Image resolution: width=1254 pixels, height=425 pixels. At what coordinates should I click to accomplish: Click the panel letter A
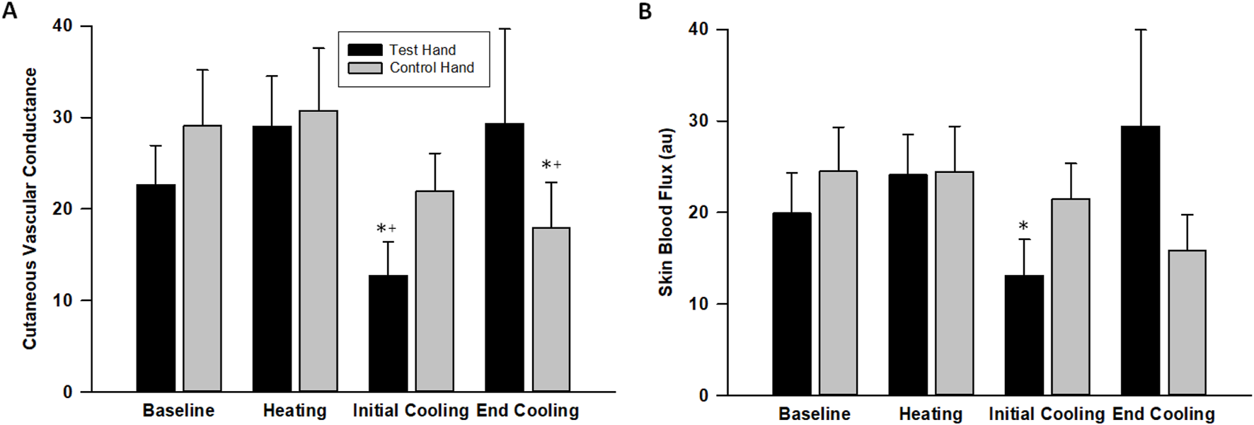9,11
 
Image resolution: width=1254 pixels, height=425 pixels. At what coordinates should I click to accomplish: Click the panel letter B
645,12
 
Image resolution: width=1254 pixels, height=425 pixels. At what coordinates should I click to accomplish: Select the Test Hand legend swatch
364,50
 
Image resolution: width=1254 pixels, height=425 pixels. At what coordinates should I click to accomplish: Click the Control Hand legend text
432,68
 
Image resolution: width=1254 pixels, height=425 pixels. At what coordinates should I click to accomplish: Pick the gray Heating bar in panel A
318,251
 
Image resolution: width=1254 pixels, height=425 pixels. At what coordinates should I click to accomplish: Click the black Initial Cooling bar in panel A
388,333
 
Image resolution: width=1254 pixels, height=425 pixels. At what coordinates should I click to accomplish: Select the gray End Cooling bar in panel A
551,310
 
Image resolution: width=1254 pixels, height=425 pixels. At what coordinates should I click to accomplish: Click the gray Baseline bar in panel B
838,283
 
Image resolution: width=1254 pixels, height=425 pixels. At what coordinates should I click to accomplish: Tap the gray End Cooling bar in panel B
1187,322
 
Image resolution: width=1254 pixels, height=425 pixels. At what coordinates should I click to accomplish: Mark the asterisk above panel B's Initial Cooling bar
1023,227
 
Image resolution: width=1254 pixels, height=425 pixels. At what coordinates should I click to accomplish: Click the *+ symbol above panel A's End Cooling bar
551,165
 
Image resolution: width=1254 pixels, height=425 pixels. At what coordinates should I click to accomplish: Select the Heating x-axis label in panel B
930,414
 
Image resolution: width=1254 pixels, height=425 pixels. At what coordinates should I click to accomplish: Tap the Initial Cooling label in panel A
410,411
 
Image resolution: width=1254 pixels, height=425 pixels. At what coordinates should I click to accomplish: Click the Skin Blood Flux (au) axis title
666,212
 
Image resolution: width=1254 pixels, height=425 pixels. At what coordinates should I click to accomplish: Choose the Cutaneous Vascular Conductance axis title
30,209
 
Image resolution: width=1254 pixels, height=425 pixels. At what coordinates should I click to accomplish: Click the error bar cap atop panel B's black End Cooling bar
1140,30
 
